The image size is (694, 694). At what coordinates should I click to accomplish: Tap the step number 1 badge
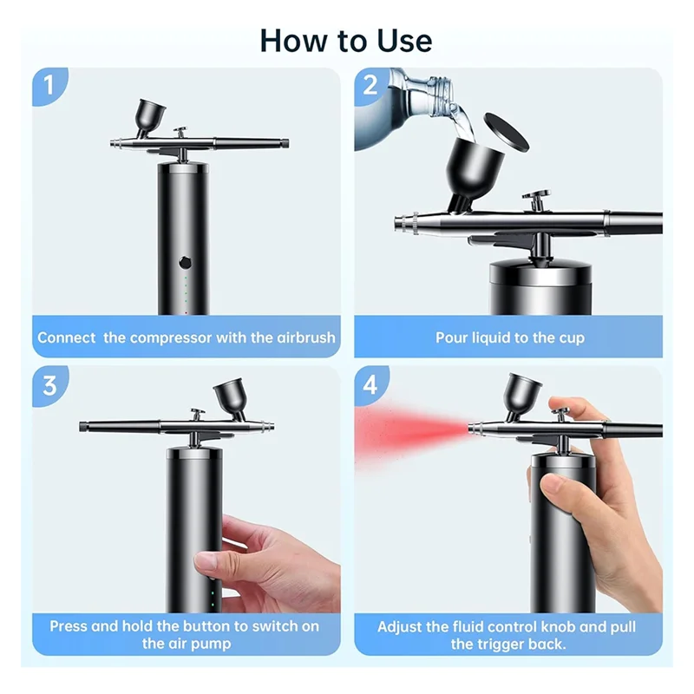pos(49,86)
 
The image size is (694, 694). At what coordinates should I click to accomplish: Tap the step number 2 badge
pos(371,86)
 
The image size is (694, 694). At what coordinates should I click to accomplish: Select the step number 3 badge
pos(49,384)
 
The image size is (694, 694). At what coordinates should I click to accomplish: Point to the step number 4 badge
pos(371,384)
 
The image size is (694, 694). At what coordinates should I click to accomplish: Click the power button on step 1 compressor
pos(183,262)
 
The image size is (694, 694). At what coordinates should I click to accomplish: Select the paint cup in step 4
pos(523,394)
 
